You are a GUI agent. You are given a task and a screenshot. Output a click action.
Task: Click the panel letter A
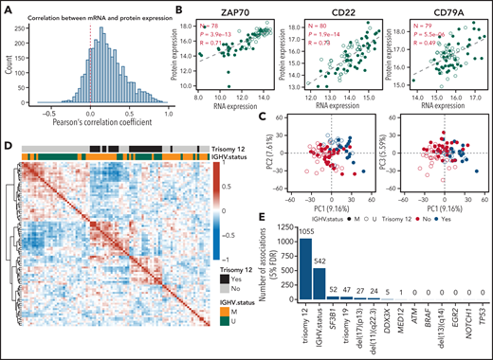[x=7, y=8]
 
